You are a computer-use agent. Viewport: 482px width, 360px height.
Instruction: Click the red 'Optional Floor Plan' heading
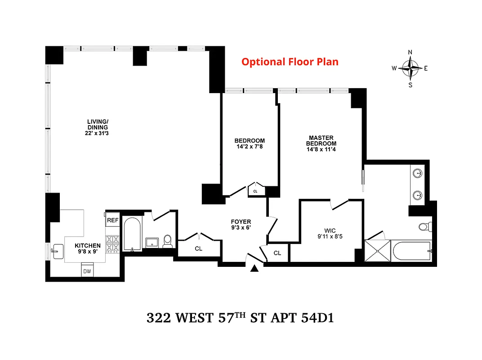tap(290, 62)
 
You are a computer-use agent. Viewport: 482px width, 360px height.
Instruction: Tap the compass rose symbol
tap(410, 68)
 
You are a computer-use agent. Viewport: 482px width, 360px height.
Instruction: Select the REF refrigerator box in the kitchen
tap(112, 220)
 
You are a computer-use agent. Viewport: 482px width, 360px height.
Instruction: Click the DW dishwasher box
tap(87, 271)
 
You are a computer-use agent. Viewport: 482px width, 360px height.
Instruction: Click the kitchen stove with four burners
tap(112, 244)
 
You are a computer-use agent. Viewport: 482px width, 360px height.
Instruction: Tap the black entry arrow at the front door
tap(255, 269)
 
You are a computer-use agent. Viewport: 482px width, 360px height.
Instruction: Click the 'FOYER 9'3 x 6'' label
tap(241, 225)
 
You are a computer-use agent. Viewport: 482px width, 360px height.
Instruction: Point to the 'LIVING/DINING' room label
tap(98, 127)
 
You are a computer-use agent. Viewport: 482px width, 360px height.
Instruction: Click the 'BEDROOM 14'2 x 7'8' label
tap(250, 143)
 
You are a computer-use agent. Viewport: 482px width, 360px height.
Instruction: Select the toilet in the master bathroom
tap(424, 226)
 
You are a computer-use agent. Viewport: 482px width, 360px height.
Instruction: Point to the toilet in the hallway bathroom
tap(167, 242)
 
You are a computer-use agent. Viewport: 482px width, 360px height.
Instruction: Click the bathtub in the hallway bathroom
tap(132, 234)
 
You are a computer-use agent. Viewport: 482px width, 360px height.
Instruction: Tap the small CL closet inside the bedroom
tap(255, 191)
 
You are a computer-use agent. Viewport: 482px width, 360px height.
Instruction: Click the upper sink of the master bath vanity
tap(418, 173)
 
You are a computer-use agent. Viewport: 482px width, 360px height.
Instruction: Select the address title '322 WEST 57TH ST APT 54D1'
tap(240, 318)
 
